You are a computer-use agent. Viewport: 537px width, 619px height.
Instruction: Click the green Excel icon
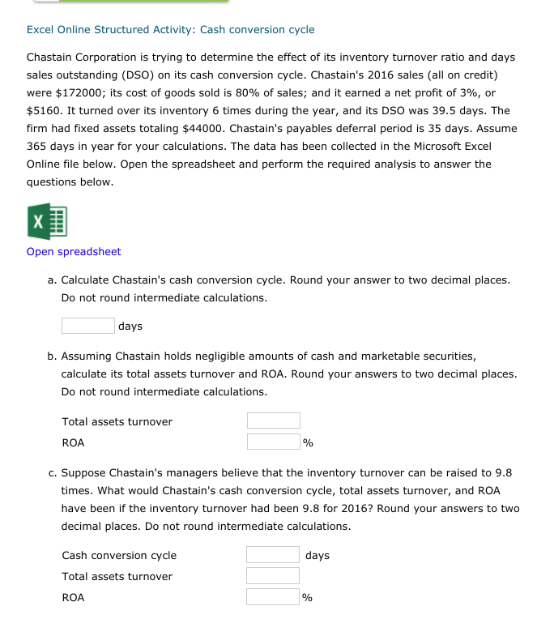point(47,219)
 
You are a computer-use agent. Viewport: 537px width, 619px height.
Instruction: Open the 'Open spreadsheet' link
point(74,252)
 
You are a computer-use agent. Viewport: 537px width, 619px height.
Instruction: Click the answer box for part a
point(87,326)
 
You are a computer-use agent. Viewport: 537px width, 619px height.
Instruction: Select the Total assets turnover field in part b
point(273,421)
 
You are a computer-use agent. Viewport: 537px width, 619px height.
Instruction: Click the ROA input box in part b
point(273,442)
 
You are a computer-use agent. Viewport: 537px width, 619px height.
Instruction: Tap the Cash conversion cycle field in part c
point(273,555)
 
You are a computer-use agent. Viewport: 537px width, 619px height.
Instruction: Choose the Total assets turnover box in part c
point(273,576)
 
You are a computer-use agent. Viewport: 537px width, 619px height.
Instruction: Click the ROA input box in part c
point(273,597)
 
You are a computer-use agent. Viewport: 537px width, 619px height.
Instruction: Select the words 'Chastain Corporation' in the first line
point(82,58)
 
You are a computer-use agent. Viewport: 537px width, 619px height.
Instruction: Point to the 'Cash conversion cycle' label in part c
point(119,556)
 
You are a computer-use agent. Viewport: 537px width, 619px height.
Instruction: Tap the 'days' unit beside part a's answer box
point(130,327)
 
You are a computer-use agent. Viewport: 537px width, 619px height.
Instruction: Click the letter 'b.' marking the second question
point(52,356)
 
